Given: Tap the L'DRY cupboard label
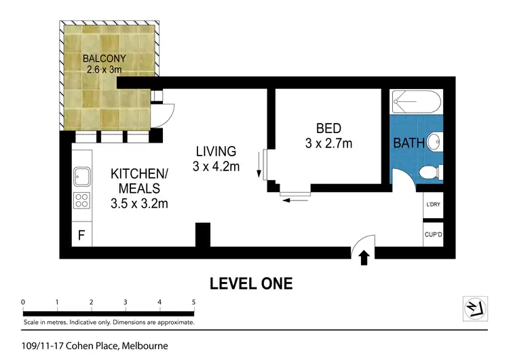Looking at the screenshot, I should point(433,205).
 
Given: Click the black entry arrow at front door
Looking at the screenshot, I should point(364,257).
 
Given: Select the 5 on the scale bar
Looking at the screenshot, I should point(194,302).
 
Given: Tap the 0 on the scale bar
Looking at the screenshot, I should point(23,302).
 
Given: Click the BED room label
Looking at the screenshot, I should point(328,128).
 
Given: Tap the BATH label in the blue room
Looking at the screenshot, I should point(409,143).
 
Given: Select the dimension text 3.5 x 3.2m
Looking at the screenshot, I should point(139,203).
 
